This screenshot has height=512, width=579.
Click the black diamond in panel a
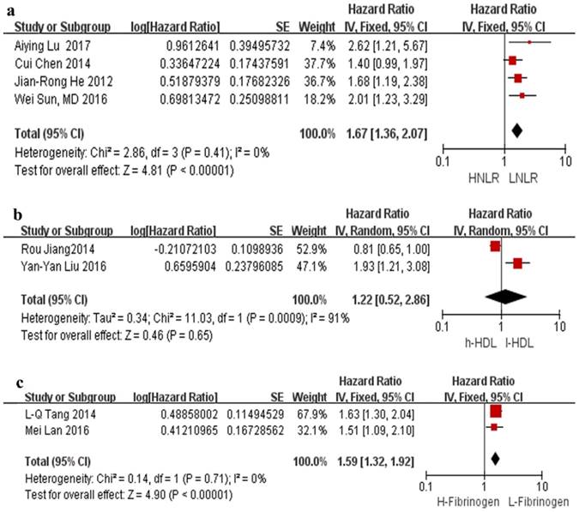(516, 130)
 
